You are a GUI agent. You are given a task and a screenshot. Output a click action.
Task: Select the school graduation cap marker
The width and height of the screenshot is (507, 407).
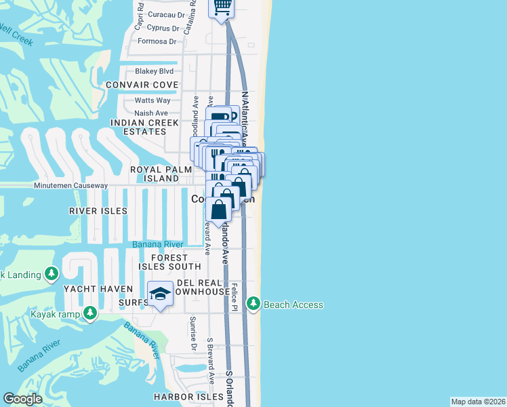coord(160,293)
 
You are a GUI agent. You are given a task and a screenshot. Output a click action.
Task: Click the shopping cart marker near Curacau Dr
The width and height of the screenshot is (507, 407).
coord(222,7)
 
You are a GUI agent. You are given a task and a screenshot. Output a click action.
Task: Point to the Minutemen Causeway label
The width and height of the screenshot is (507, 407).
coord(70,185)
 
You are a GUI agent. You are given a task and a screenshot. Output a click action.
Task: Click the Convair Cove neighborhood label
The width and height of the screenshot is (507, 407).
coord(142,85)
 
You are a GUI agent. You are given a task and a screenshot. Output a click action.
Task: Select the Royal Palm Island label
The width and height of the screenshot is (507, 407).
coord(155,174)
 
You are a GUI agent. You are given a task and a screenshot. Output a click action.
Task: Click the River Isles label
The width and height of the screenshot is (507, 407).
coord(98,211)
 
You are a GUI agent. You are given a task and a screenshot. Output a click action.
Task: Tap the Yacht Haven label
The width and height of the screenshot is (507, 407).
coord(94,288)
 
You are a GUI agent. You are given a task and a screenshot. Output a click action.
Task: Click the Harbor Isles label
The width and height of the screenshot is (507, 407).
coord(188,396)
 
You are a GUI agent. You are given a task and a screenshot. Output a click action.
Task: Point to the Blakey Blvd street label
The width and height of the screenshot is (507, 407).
coord(155,71)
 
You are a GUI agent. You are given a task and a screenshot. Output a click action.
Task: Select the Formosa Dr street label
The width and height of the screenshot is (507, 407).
coord(157,41)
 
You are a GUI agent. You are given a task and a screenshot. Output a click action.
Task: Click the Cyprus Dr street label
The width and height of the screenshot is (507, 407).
coord(163,28)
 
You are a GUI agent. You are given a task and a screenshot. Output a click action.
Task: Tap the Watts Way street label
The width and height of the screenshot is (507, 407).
coord(153,100)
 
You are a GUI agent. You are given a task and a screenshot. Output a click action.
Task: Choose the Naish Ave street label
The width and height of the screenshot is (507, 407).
coord(151,113)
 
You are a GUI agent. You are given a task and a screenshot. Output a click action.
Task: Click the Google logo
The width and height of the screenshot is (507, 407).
coord(22,399)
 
